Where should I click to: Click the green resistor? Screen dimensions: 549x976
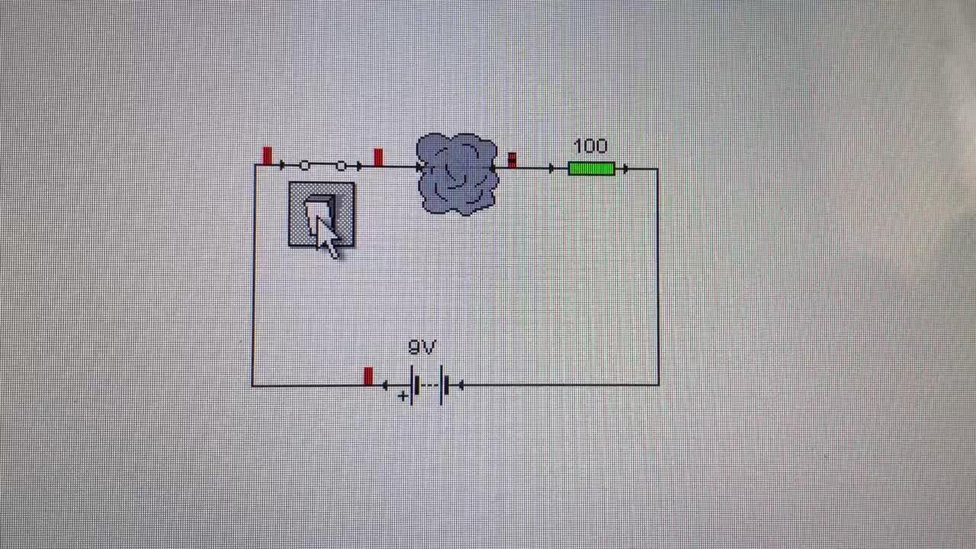point(591,169)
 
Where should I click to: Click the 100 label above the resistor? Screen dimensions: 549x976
point(590,146)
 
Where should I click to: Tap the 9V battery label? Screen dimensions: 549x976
point(422,348)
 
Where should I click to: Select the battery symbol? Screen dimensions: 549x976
point(428,386)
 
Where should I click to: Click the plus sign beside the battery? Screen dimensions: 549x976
point(402,396)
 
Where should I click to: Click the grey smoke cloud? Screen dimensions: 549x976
point(457,174)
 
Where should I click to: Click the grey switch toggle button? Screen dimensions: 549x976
point(321,215)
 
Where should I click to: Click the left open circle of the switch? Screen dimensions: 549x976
point(304,165)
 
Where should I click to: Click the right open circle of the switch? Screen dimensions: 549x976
point(340,165)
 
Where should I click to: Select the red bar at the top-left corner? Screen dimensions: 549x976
point(266,156)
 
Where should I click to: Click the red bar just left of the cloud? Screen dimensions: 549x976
point(378,157)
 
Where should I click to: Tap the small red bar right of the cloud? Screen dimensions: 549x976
point(512,159)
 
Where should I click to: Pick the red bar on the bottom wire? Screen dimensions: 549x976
point(368,377)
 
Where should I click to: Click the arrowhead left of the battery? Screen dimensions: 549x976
point(385,386)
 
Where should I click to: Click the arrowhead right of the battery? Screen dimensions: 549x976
point(461,386)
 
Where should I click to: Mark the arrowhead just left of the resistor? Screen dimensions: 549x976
point(551,169)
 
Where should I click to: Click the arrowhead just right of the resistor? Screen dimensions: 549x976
point(625,169)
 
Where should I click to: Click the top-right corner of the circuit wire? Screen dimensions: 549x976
point(658,169)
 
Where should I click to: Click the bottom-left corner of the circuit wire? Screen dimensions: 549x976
point(253,386)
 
